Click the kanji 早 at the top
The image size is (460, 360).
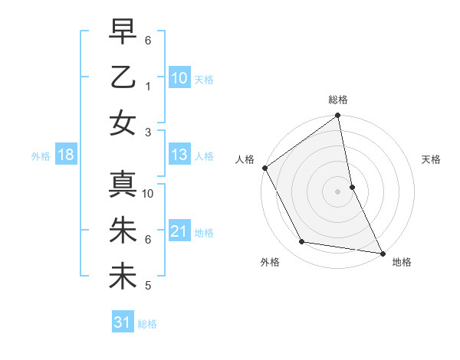pyautogui.click(x=123, y=34)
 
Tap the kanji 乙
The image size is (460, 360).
pyautogui.click(x=123, y=77)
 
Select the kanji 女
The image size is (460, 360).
pyautogui.click(x=123, y=122)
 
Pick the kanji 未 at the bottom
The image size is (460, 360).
pyautogui.click(x=123, y=276)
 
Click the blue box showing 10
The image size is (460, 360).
pyautogui.click(x=179, y=77)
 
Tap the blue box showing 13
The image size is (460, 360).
pyautogui.click(x=179, y=155)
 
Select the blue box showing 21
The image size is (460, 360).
pyautogui.click(x=179, y=231)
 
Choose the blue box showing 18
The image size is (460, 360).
pyautogui.click(x=66, y=155)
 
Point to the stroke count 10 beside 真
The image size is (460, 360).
pyautogui.click(x=148, y=194)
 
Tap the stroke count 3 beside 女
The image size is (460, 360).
pyautogui.click(x=148, y=133)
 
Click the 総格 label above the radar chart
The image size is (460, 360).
pyautogui.click(x=338, y=100)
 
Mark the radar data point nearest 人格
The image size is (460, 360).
pyautogui.click(x=264, y=168)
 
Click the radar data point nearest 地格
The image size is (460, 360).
pyautogui.click(x=382, y=252)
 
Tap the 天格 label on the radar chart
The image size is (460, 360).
pyautogui.click(x=432, y=160)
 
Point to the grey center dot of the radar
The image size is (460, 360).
pyautogui.click(x=337, y=191)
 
